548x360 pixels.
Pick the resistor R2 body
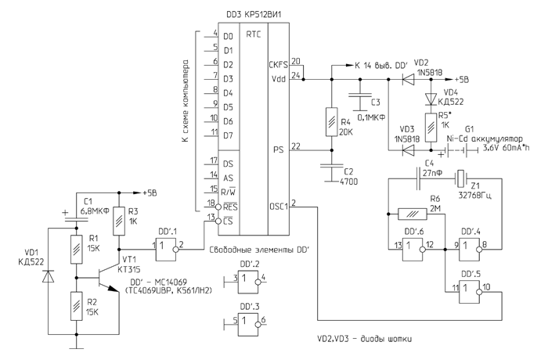click(76, 302)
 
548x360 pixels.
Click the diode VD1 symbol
click(49, 276)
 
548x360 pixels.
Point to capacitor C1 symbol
click(76, 218)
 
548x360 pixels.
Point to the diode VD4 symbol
click(431, 99)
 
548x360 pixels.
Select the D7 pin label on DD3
click(229, 135)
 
